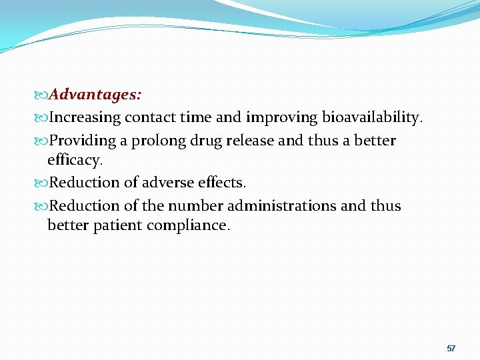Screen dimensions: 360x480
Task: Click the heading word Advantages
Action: point(95,95)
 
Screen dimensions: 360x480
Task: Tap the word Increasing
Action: point(85,118)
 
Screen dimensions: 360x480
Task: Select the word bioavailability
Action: point(372,118)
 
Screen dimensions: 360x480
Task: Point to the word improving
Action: point(282,118)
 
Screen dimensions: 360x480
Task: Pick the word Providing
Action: point(83,141)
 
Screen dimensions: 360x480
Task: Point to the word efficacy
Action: point(75,161)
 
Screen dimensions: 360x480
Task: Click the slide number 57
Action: point(451,349)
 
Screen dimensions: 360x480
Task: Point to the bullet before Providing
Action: point(43,141)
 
